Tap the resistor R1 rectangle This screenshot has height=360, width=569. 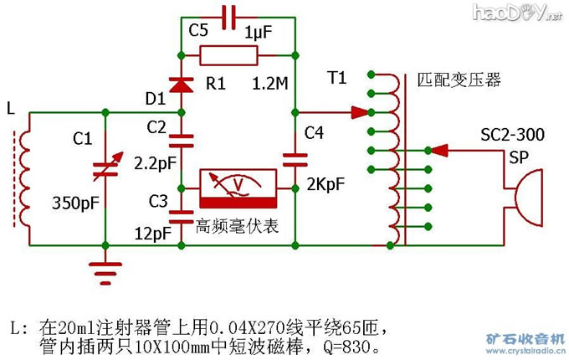pos(228,56)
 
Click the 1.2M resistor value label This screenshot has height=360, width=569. pos(272,84)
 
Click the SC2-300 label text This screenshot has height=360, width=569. pos(511,135)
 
